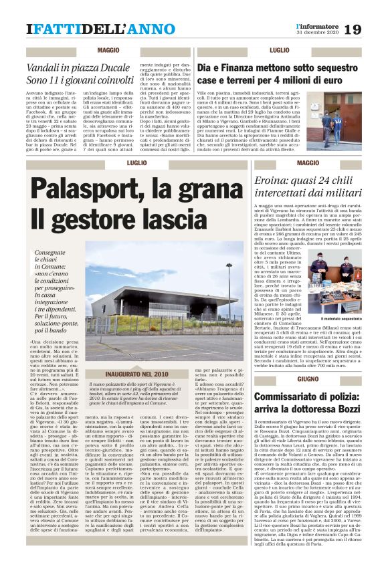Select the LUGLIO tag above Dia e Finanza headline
pos(279,51)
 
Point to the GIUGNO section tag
pos(289,379)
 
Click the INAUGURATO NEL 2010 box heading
pos(137,374)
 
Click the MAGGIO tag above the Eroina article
pos(289,162)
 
